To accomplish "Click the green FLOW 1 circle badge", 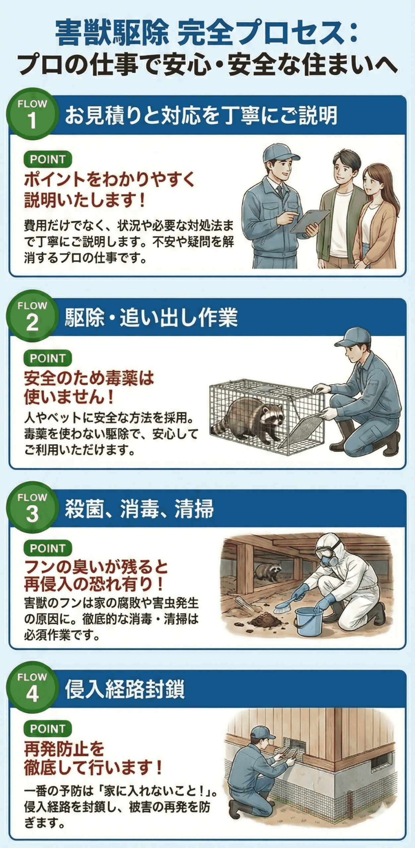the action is (32, 114).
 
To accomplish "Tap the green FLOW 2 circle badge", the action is (32, 316).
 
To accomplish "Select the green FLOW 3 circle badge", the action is (32, 507).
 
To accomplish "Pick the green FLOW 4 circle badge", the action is (32, 687).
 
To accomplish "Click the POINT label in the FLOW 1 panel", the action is (48, 159).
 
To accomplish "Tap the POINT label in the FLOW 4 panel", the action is (48, 729).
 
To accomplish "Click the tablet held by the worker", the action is (310, 221).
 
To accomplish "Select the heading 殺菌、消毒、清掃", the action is (139, 509).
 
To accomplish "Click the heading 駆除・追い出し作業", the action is (151, 318).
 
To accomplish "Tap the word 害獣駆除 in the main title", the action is (112, 32).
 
